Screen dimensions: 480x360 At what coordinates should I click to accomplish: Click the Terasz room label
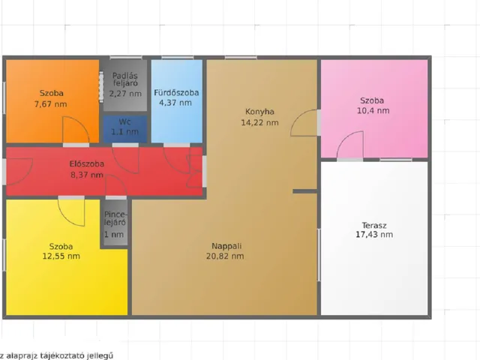374,226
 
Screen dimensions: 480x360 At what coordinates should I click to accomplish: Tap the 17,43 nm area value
374,235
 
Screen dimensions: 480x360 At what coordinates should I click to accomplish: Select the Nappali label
226,246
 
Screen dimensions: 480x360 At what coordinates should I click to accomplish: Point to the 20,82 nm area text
225,256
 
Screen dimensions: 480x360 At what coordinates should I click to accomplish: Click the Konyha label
259,112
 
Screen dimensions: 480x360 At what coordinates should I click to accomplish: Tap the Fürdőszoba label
176,92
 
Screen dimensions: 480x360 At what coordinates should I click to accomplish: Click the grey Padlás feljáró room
125,85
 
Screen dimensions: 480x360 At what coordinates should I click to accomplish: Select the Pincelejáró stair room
115,223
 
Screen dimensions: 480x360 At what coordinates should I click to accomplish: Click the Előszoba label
87,164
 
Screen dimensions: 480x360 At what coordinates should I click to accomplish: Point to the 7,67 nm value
50,104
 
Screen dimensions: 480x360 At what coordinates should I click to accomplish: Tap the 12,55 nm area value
61,256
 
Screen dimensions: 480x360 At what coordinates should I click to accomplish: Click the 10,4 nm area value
373,110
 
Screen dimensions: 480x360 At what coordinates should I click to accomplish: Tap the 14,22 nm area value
259,123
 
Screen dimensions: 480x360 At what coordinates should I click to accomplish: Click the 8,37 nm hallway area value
87,175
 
